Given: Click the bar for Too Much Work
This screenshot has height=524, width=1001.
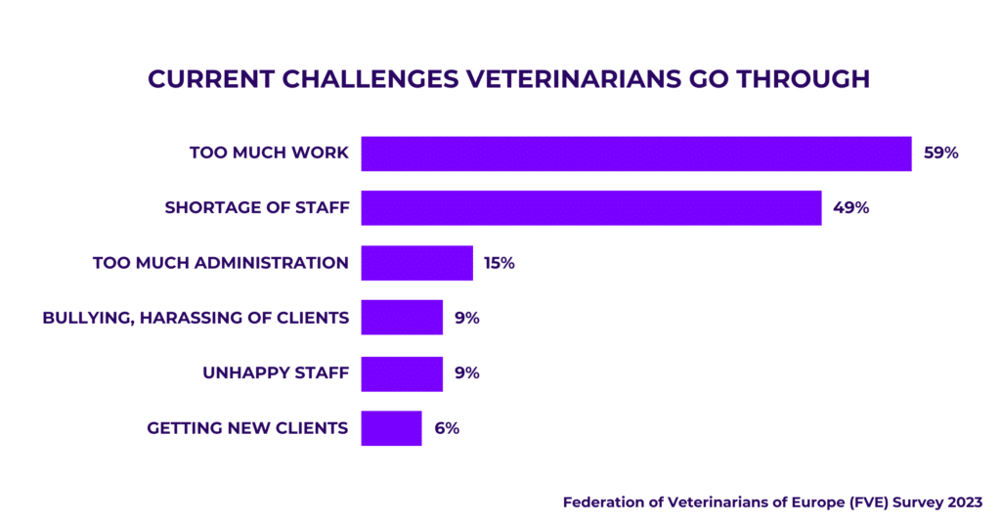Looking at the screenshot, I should pyautogui.click(x=635, y=153).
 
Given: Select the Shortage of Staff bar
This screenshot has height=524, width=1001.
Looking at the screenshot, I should pyautogui.click(x=590, y=208).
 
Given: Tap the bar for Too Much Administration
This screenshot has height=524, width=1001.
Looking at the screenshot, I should pyautogui.click(x=416, y=263).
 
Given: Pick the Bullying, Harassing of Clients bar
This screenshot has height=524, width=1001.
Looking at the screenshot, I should pyautogui.click(x=402, y=318).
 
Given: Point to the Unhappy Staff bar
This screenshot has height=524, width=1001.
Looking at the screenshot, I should pyautogui.click(x=402, y=373).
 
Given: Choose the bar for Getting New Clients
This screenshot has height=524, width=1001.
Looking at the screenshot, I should pyautogui.click(x=391, y=428).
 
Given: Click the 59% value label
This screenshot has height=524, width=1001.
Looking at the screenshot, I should pyautogui.click(x=941, y=153).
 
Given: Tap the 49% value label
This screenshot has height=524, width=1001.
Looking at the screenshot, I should pyautogui.click(x=850, y=208).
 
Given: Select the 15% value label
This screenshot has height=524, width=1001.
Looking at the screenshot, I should pyautogui.click(x=499, y=263).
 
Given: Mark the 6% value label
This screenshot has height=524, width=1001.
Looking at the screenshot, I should pyautogui.click(x=446, y=428).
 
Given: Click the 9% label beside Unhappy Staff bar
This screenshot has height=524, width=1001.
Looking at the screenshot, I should pyautogui.click(x=466, y=373).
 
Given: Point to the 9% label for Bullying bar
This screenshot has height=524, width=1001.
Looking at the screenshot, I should pyautogui.click(x=466, y=318).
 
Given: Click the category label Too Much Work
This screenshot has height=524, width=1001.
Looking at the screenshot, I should pyautogui.click(x=269, y=153).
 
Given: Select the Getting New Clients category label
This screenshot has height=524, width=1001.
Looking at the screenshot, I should pyautogui.click(x=247, y=428).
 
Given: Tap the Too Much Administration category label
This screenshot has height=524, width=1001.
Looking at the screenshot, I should pyautogui.click(x=220, y=263).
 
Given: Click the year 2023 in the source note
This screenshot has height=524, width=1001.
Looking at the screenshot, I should pyautogui.click(x=962, y=502).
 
